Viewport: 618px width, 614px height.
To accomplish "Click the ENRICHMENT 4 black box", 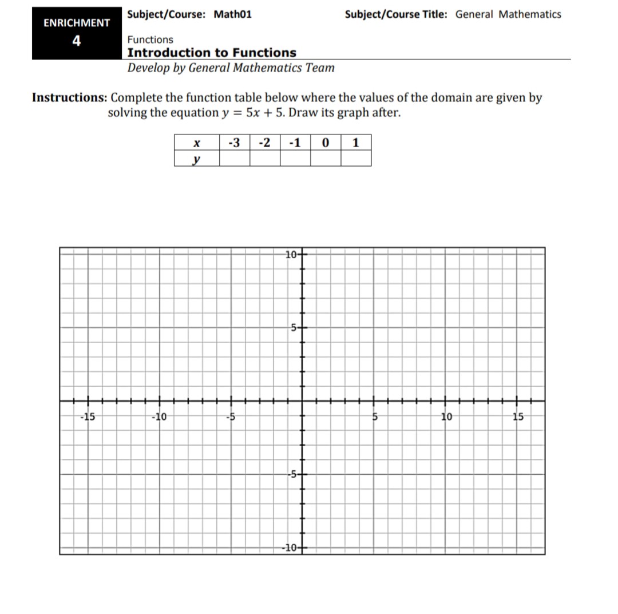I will click(77, 33).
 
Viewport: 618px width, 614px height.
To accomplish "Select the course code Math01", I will click(232, 14).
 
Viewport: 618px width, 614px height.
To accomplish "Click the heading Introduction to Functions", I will click(212, 53).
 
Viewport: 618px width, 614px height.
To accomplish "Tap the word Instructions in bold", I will click(69, 97).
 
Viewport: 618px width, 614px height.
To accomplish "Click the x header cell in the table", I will click(196, 143).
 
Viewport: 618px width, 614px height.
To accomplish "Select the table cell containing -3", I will click(234, 143).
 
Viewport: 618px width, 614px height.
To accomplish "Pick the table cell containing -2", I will click(265, 143).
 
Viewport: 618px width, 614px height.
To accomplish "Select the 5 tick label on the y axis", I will click(292, 328).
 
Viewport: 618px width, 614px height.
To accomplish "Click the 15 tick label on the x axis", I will click(518, 416).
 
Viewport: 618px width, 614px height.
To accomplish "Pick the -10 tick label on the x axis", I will click(159, 416).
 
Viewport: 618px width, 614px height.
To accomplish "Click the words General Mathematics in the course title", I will click(508, 14).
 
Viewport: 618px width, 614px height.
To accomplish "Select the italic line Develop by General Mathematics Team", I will click(231, 68).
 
